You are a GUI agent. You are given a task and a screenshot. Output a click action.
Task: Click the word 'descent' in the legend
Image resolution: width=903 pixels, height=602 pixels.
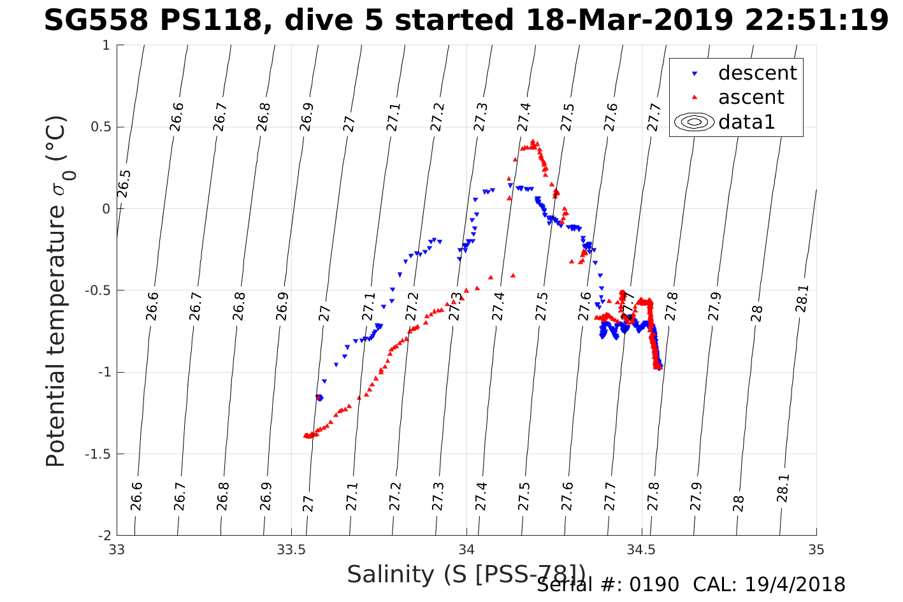pyautogui.click(x=757, y=73)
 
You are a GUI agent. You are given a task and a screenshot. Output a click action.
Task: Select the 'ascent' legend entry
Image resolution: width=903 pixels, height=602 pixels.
pyautogui.click(x=751, y=97)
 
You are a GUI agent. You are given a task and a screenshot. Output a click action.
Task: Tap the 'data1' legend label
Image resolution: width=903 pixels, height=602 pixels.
pyautogui.click(x=746, y=122)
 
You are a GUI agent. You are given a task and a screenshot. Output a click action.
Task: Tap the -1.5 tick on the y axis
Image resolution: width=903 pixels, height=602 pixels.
pyautogui.click(x=98, y=454)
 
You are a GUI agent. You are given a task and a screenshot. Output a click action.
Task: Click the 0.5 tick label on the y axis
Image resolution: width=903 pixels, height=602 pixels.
pyautogui.click(x=99, y=127)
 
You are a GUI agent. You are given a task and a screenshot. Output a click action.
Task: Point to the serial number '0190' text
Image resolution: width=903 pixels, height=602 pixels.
pyautogui.click(x=655, y=585)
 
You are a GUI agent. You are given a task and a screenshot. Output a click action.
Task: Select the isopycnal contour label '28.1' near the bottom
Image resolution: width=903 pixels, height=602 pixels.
pyautogui.click(x=783, y=488)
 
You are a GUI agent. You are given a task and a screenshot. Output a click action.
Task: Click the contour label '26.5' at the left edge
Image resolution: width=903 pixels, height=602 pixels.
pyautogui.click(x=124, y=184)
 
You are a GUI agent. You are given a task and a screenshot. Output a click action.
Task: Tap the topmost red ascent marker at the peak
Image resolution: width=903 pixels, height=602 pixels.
pyautogui.click(x=532, y=141)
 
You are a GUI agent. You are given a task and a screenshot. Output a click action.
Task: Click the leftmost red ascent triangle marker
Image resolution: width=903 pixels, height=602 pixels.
pyautogui.click(x=305, y=436)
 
